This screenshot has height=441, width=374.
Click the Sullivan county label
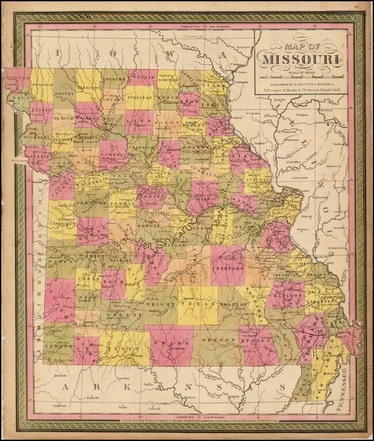140,98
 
